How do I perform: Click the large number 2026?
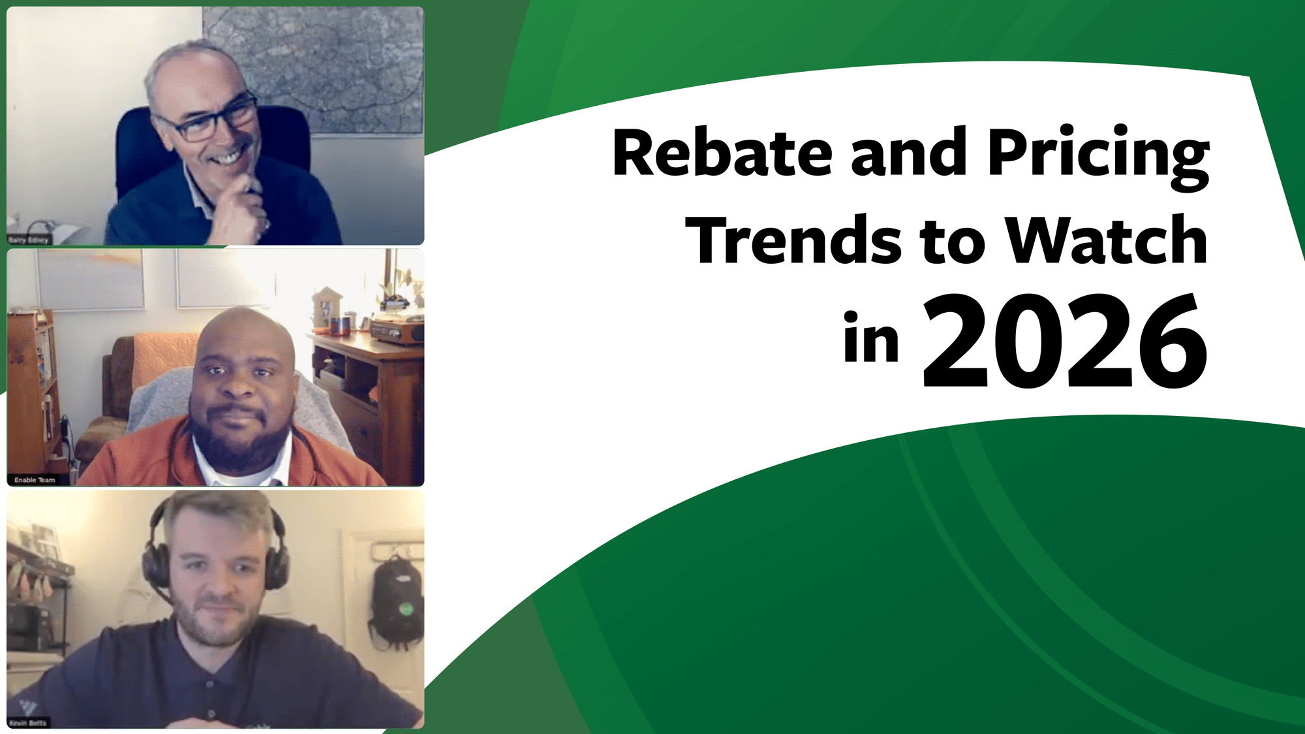1064,343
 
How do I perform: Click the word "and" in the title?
908,153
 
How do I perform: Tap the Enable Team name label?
35,480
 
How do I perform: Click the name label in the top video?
29,240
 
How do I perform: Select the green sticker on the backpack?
406,609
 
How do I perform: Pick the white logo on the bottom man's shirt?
27,707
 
